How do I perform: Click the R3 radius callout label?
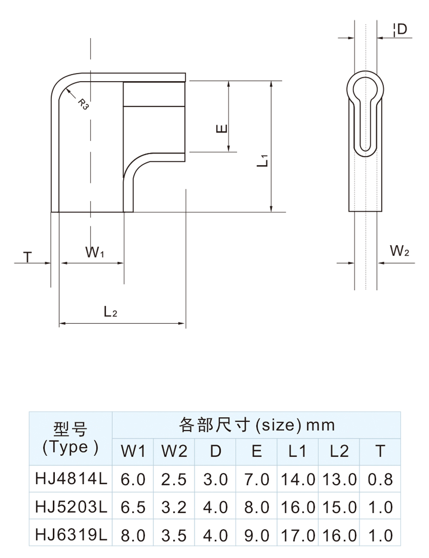(x=83, y=104)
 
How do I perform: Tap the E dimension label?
(x=222, y=128)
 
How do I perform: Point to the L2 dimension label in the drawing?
(x=110, y=312)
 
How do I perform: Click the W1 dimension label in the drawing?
(x=94, y=252)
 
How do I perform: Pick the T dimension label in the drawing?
(x=28, y=257)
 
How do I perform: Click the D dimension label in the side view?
(x=402, y=29)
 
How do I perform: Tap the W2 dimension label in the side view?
(x=399, y=251)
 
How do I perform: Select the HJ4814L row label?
(x=71, y=479)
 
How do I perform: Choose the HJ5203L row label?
(x=71, y=507)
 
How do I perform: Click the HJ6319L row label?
(x=71, y=535)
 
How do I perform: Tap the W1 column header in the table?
(x=133, y=451)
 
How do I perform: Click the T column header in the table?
(x=380, y=451)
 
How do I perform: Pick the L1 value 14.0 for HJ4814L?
(x=298, y=479)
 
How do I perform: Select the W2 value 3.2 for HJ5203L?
(x=174, y=507)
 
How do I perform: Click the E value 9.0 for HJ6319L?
(x=257, y=535)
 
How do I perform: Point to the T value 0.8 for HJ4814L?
(x=380, y=479)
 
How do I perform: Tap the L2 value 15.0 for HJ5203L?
(x=339, y=507)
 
